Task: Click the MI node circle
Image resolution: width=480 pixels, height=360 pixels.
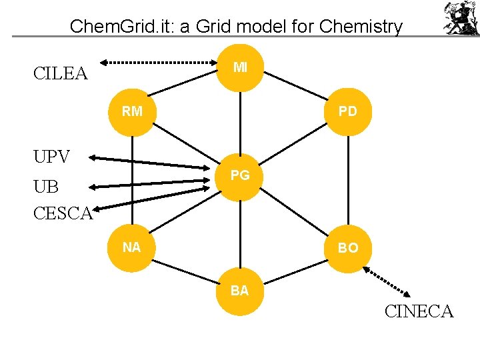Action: [240, 67]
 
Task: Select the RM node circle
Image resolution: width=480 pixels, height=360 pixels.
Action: [132, 111]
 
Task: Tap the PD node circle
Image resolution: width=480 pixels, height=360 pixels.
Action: [347, 111]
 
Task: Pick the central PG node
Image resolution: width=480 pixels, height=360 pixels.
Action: [240, 175]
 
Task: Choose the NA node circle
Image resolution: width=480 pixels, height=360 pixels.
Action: [132, 247]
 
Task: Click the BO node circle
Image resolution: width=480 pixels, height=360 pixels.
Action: [347, 247]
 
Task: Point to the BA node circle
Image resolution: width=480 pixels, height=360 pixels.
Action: [240, 290]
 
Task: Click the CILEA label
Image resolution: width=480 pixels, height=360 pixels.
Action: [61, 73]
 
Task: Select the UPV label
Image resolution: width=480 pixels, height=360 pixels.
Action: [51, 157]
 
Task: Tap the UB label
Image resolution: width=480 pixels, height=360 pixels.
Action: [46, 187]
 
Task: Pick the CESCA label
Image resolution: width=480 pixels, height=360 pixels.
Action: [63, 213]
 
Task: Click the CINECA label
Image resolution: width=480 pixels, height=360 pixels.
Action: [419, 311]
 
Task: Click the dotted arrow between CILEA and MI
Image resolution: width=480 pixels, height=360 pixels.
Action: [163, 63]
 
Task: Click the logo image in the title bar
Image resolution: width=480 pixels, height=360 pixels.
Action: [460, 18]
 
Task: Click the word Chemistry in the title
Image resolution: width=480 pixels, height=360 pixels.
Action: [361, 27]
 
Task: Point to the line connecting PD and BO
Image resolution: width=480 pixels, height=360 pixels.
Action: [347, 180]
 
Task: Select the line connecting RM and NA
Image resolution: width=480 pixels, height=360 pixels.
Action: [132, 180]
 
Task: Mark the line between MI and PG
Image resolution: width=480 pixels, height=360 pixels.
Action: [240, 120]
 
